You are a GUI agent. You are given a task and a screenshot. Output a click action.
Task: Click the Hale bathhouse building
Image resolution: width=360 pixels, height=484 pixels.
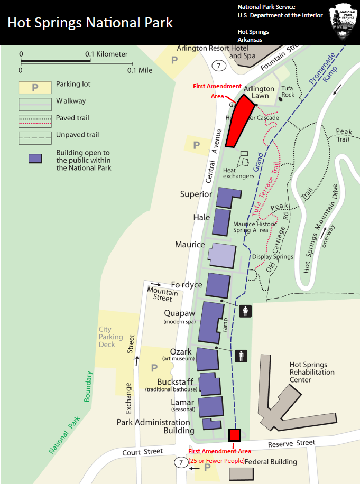tap(221, 221)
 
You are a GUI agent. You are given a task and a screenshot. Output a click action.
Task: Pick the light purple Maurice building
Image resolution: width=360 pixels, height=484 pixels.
tap(221, 256)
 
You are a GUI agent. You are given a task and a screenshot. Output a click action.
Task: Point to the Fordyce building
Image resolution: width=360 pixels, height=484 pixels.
tap(218, 285)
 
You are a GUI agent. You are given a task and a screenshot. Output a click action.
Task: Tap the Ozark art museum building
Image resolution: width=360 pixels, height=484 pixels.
tap(208, 359)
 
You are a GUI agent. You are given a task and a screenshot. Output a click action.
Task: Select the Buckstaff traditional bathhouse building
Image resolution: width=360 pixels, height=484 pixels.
tap(210, 384)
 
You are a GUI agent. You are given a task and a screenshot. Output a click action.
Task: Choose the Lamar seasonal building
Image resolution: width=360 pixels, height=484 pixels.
tap(210, 407)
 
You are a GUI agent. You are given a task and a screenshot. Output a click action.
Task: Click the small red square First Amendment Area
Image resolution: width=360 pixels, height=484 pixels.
tap(234, 435)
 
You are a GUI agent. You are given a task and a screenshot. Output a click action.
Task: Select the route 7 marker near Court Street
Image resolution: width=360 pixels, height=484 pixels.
tap(181, 462)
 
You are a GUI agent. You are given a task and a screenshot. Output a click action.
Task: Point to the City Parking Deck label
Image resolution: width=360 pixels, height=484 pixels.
tap(110, 337)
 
